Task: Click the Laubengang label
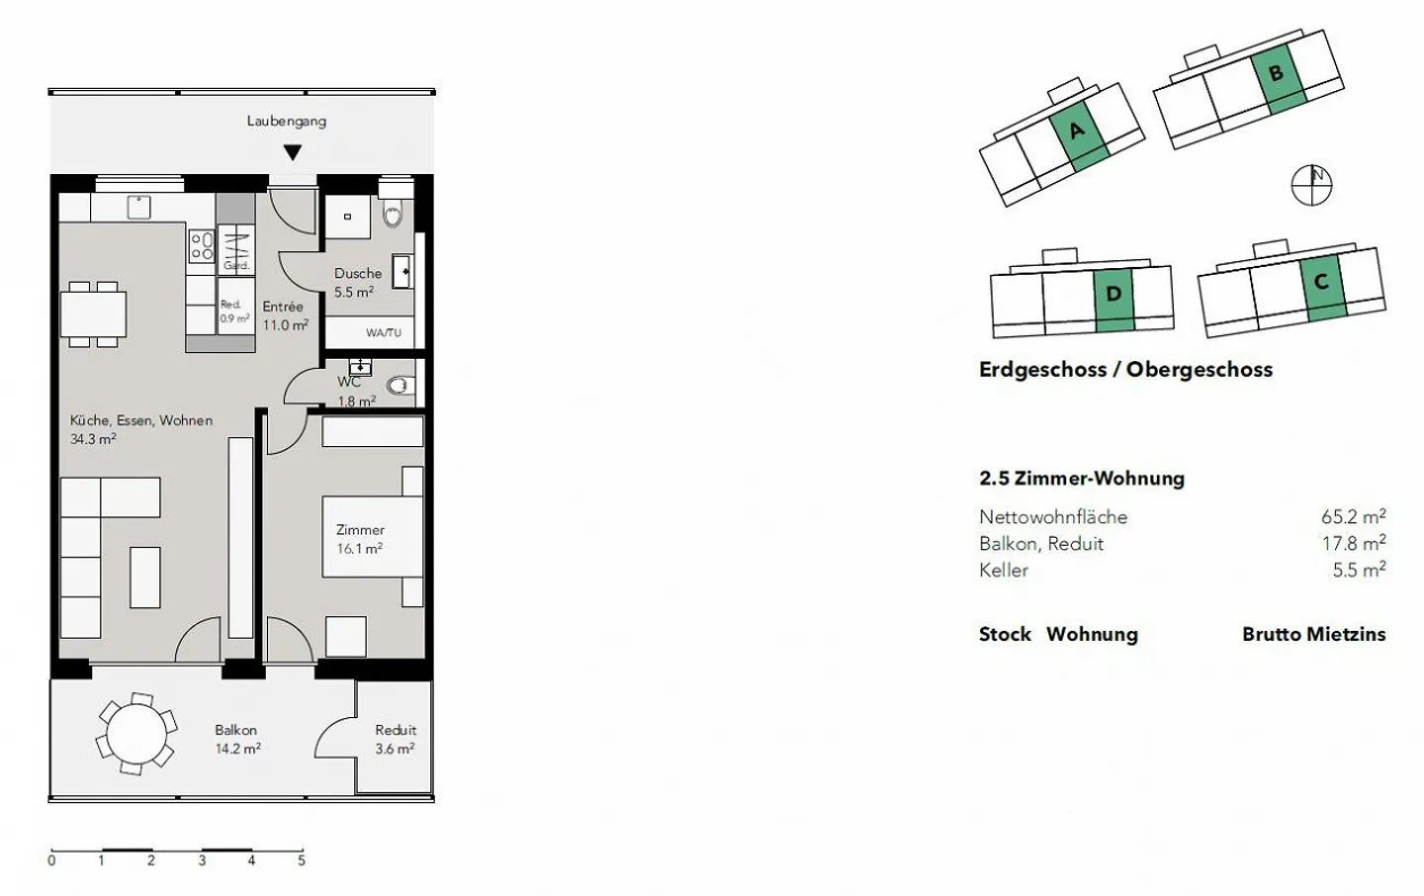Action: pos(286,122)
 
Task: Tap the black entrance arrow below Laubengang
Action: pos(293,152)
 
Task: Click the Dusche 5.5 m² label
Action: pos(357,282)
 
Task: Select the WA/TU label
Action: pos(384,332)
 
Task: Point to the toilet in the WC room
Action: pos(400,386)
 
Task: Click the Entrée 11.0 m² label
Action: pos(285,315)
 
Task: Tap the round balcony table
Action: pos(136,734)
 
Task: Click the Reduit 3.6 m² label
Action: pos(395,739)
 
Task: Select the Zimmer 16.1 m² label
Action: pos(359,539)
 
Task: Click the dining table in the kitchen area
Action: pos(93,314)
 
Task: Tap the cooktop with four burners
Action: pos(202,246)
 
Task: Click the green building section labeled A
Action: pos(1079,136)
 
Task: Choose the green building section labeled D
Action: pos(1113,301)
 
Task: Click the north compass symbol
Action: pos(1311,186)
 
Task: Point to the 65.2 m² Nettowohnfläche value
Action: pos(1354,516)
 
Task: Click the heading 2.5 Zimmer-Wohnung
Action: pos(1082,479)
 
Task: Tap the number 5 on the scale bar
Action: pos(302,860)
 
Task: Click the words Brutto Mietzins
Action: pos(1314,634)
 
